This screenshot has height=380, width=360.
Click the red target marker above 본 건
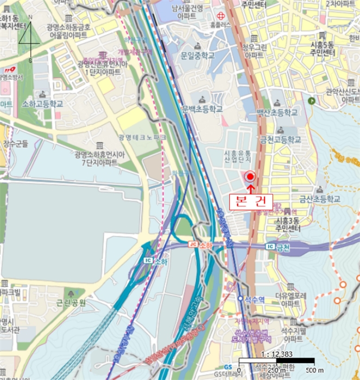250,176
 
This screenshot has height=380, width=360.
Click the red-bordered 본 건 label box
250,201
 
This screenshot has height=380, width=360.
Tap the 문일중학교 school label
197,55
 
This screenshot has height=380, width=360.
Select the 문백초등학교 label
203,109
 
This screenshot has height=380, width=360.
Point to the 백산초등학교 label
277,112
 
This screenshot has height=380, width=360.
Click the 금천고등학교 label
281,139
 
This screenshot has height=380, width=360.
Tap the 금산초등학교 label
319,199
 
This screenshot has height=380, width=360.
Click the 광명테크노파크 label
142,137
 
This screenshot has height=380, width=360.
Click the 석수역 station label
254,298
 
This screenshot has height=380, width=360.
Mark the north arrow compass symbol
30,38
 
